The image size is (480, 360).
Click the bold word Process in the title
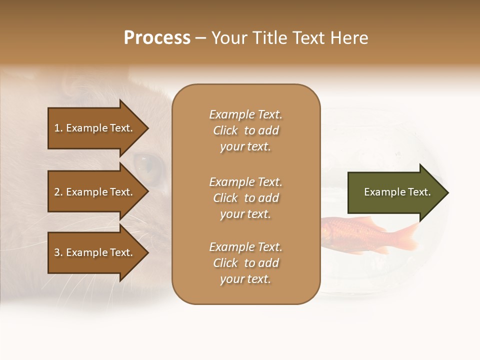pos(157,38)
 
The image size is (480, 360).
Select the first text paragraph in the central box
pos(245,130)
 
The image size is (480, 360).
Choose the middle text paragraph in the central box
pos(245,198)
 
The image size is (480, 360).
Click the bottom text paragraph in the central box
pos(245,263)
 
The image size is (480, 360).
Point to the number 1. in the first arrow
pos(58,128)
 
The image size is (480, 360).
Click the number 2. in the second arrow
pos(58,192)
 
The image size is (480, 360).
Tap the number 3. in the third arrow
pos(58,252)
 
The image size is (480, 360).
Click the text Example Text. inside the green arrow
pos(397,192)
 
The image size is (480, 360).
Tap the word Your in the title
pos(229,38)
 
